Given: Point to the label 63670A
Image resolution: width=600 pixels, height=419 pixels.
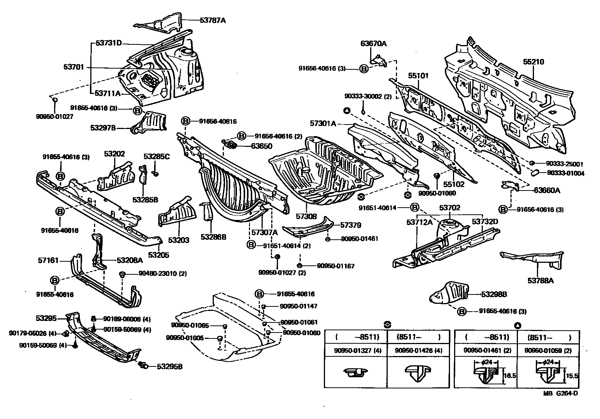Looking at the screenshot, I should pos(374,44).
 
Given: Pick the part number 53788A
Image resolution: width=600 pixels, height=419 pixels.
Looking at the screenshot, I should pos(540,281).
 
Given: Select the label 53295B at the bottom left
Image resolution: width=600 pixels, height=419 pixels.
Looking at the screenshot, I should pos(169,366).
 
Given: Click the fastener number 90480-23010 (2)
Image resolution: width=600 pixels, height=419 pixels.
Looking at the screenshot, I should pos(163,274).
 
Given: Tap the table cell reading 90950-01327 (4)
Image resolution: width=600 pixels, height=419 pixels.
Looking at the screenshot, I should pos(356,351).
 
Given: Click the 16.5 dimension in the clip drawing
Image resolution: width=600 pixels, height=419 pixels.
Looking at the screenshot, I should pos(510,375).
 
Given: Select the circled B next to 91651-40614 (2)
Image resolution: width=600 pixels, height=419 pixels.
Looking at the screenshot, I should pos(251,245).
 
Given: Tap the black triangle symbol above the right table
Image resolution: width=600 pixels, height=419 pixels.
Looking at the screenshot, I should pos(517,325).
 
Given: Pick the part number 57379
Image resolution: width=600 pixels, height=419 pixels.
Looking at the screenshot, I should pos(350,225).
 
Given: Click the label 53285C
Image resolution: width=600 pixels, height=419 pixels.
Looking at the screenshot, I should pos(157,157).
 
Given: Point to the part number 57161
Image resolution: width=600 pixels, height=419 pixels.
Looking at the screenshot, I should pos(48,260).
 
